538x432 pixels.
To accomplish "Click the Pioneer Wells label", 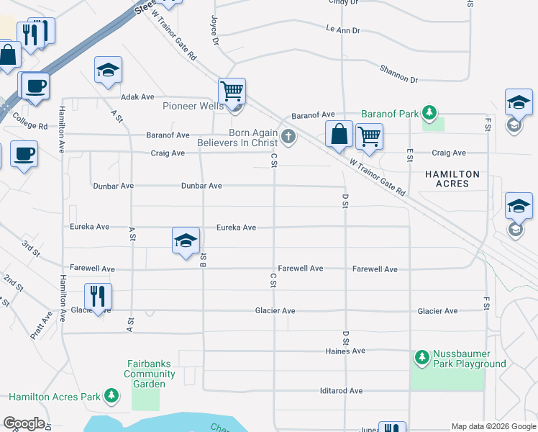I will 193,107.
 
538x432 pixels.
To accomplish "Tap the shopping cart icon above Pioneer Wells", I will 232,91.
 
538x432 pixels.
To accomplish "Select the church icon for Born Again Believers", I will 288,137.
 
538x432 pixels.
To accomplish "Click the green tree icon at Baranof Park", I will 429,113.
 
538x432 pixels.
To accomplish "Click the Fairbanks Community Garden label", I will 150,374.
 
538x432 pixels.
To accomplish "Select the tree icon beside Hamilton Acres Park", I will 111,396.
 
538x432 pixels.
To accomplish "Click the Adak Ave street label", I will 138,96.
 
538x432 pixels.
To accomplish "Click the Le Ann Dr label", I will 342,30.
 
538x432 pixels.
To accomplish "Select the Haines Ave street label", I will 346,351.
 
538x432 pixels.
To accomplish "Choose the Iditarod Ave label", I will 341,391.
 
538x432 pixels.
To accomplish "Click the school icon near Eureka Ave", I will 185,240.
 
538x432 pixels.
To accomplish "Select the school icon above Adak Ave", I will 108,70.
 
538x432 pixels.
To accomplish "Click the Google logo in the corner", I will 24,423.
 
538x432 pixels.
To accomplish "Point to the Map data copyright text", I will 493,426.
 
